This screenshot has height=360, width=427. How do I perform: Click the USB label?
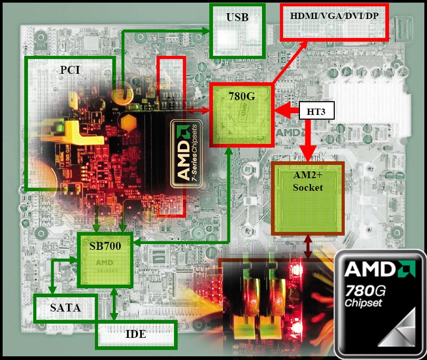[237, 17]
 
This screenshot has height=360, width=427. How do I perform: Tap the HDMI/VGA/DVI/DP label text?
[334, 16]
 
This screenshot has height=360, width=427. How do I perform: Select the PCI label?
[70, 70]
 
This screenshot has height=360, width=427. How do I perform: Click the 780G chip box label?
[242, 96]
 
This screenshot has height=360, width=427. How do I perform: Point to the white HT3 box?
[316, 111]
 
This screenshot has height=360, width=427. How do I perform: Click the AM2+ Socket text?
[308, 181]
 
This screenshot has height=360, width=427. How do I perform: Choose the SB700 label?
[105, 246]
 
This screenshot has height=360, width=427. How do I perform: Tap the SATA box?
[65, 308]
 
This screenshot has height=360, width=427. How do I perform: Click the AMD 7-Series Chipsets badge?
[187, 153]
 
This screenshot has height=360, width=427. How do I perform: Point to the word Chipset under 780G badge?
[363, 304]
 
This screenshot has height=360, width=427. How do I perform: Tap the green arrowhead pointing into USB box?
[206, 31]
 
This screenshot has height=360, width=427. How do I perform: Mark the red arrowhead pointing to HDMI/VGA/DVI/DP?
[303, 45]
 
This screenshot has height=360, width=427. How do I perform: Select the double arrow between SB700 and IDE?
[114, 304]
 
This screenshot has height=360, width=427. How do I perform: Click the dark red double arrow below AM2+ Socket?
[308, 247]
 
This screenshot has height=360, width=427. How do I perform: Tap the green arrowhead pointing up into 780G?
[229, 151]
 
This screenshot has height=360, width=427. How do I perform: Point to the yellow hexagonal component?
[128, 123]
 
